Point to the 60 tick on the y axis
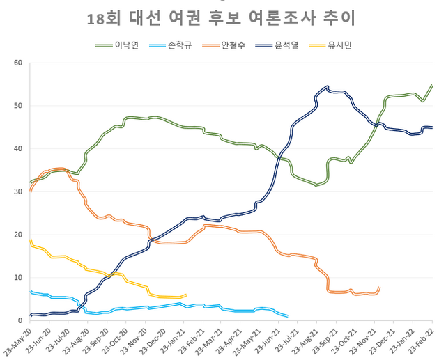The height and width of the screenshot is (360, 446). (19, 63)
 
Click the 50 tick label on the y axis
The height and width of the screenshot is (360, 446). (19, 106)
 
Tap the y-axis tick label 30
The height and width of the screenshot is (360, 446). (19, 191)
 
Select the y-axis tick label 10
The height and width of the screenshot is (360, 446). (19, 278)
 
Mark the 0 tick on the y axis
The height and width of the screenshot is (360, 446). (21, 320)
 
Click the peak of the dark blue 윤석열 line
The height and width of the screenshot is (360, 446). (328, 87)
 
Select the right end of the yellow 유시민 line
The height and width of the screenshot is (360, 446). (186, 295)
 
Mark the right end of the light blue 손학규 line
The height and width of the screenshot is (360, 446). (288, 316)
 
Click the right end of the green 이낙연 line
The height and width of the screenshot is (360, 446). (432, 85)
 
